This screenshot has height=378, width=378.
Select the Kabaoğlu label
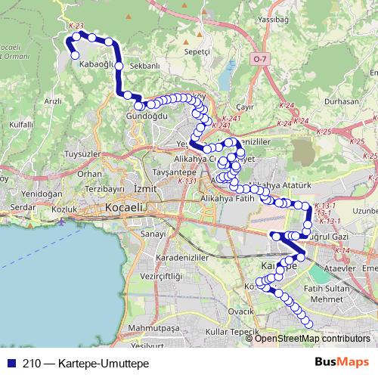click(x=96, y=65)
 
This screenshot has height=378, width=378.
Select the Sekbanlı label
click(x=146, y=66)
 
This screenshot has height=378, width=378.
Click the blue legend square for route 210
click(x=8, y=364)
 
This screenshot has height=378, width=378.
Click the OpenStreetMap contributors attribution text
click(x=312, y=339)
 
